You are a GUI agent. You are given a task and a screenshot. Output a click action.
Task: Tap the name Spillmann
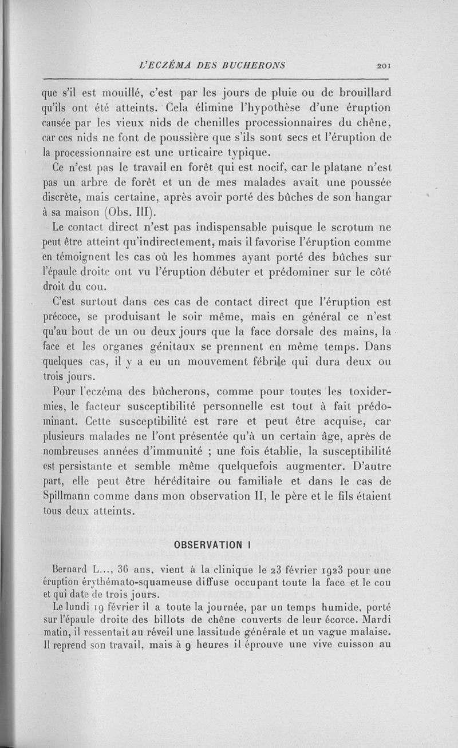click(68, 499)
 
